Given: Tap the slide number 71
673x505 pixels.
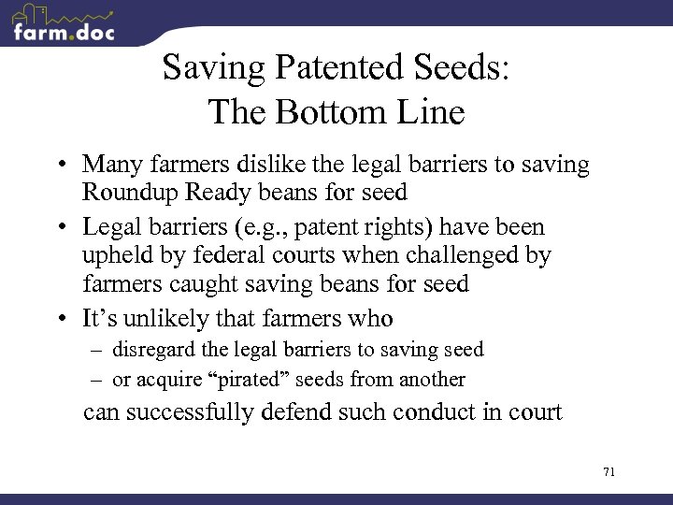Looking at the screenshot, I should point(609,471).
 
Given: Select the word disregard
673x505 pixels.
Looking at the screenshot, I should point(154,350).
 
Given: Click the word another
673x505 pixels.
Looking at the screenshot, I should point(432,379).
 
